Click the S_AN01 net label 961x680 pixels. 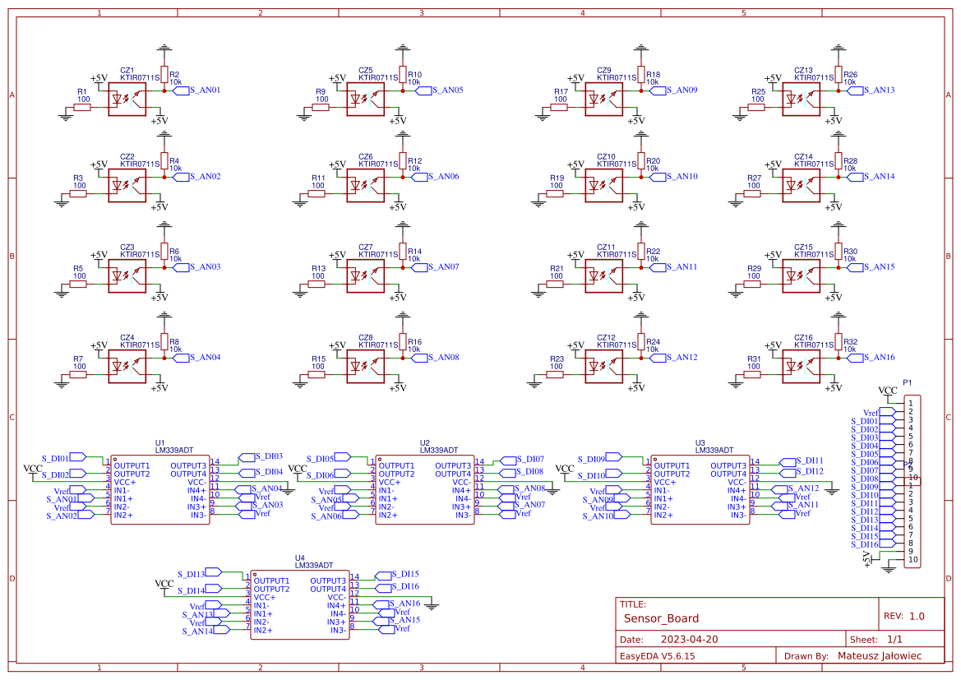pyautogui.click(x=206, y=90)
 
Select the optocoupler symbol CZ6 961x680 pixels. pyautogui.click(x=365, y=186)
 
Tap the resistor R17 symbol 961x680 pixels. pyautogui.click(x=560, y=108)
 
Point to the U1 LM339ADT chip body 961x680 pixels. pyautogui.click(x=160, y=490)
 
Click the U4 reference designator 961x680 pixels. pyautogui.click(x=300, y=558)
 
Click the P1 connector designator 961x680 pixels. pyautogui.click(x=908, y=382)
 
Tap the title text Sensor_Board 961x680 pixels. pyautogui.click(x=661, y=618)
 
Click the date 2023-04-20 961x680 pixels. pyautogui.click(x=690, y=640)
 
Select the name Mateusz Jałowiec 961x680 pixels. pyautogui.click(x=879, y=656)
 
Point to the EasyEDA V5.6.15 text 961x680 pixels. pyautogui.click(x=657, y=656)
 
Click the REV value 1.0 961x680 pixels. pyautogui.click(x=916, y=616)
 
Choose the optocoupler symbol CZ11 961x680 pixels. pyautogui.click(x=603, y=276)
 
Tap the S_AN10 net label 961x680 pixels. pyautogui.click(x=682, y=177)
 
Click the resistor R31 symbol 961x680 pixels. pyautogui.click(x=753, y=375)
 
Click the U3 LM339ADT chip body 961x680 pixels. pyautogui.click(x=700, y=490)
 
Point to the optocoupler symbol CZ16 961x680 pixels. pyautogui.click(x=801, y=367)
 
